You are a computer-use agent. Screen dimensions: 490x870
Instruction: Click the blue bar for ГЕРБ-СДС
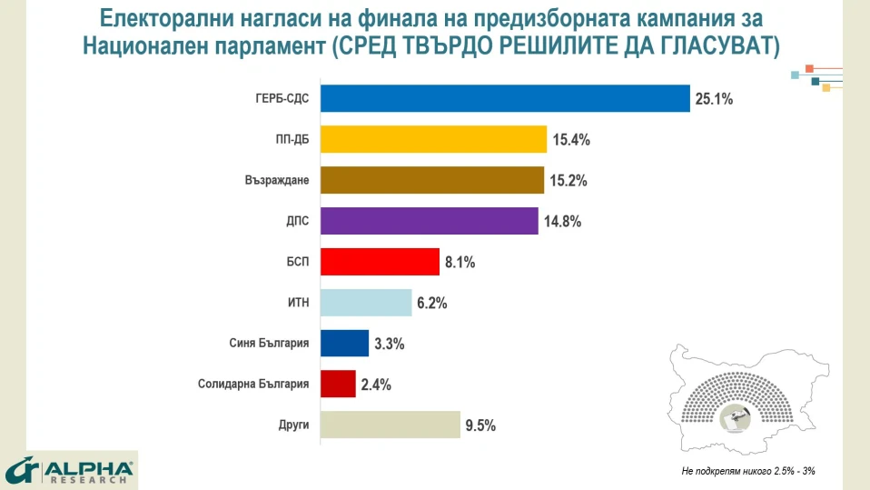point(505,98)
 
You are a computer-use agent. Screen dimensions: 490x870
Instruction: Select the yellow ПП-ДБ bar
point(433,139)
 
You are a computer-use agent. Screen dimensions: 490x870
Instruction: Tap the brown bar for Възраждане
point(432,180)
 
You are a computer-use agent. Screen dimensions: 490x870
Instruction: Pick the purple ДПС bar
point(430,221)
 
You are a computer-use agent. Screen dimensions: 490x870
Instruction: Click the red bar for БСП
point(380,262)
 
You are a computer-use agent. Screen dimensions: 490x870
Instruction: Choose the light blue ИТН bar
point(366,303)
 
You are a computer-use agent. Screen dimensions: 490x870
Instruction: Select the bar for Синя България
point(345,344)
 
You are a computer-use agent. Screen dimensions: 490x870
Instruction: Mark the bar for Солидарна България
point(338,384)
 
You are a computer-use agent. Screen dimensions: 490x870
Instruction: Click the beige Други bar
point(391,425)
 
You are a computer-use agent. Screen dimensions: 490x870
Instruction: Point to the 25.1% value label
point(714,99)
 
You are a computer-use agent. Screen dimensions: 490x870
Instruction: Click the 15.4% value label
point(571,140)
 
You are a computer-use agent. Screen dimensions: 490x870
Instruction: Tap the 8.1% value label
point(460,263)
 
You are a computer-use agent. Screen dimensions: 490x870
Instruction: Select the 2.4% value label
point(376,385)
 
